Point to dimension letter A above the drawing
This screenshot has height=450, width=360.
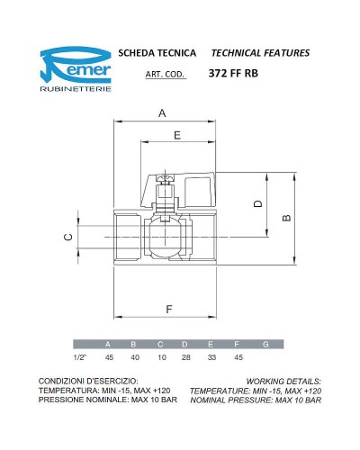coord(162,113)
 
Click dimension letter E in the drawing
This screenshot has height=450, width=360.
coord(176,135)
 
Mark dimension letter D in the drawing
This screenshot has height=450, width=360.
coord(257,204)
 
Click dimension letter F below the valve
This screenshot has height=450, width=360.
coord(169,310)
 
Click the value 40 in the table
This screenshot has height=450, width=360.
coord(135,357)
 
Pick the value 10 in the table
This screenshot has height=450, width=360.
coord(161,357)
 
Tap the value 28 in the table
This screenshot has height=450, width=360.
coord(186,357)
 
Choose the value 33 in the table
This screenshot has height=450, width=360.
coord(212,357)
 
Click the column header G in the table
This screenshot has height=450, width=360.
coord(265,345)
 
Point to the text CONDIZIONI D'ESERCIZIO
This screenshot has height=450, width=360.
coord(87,382)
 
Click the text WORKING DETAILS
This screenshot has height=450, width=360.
coord(283,382)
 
